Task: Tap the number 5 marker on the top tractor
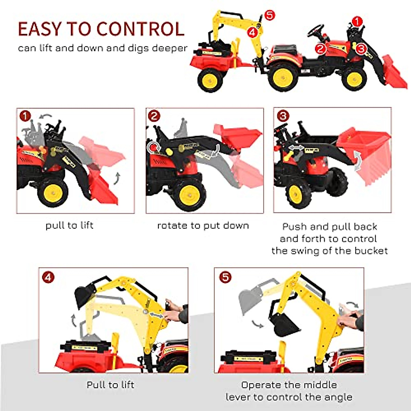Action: point(270,15)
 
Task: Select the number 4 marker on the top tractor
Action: point(252,33)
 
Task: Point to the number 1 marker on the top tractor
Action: point(357,22)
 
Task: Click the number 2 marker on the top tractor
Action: point(320,49)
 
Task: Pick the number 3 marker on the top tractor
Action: point(361,49)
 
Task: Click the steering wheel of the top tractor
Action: point(315,30)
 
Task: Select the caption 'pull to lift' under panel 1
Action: point(70,225)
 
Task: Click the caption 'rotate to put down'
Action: point(203,226)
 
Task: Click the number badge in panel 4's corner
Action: point(48,277)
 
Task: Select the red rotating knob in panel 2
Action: point(154,147)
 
